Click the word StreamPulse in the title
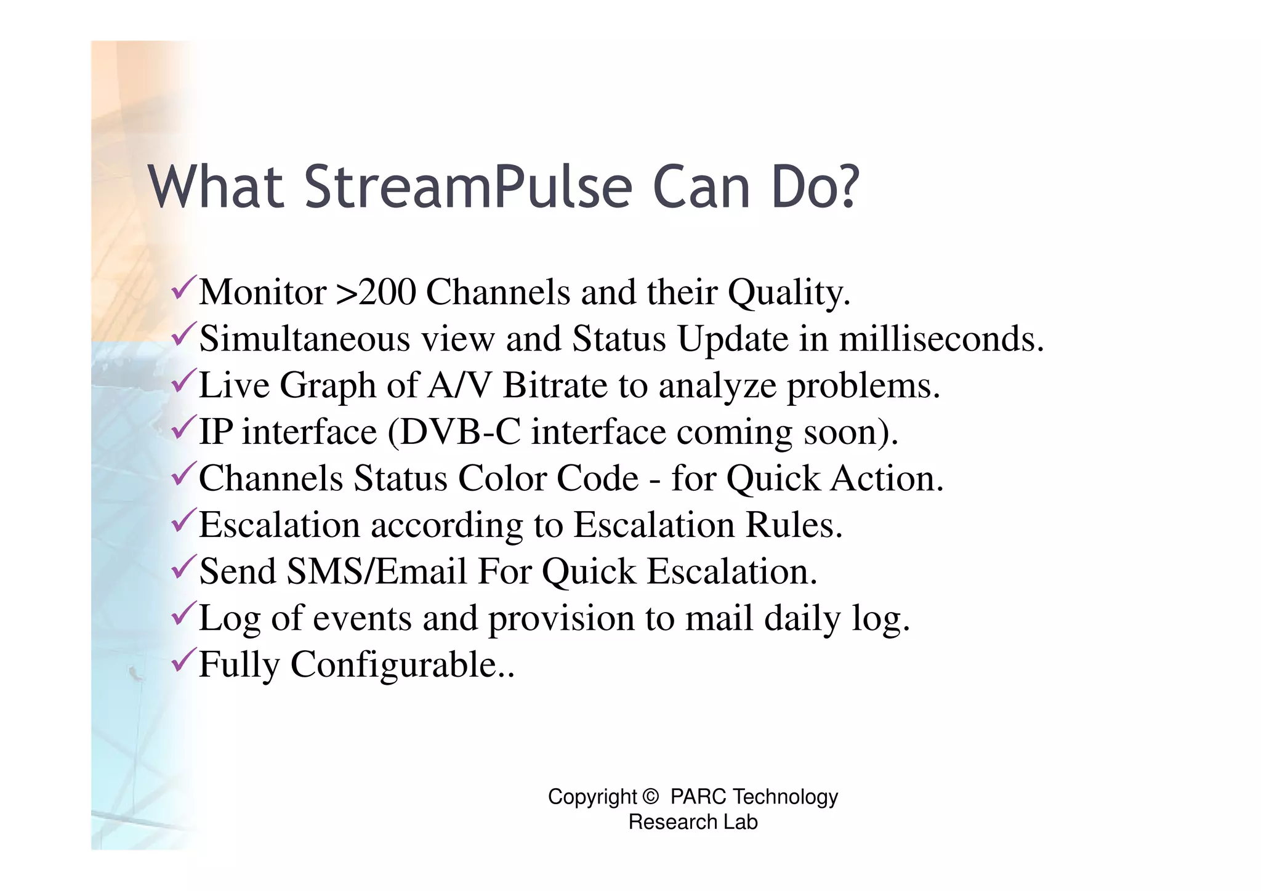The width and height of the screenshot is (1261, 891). pos(468,187)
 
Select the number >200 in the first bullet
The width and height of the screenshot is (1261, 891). pos(376,292)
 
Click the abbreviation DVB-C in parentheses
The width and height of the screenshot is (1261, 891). pos(461,432)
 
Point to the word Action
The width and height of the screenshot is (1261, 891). pos(886,478)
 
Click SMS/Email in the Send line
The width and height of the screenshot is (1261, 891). pos(377,571)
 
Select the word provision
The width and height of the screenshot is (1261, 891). pos(561,619)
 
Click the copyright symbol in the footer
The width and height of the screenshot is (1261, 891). pos(650,797)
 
